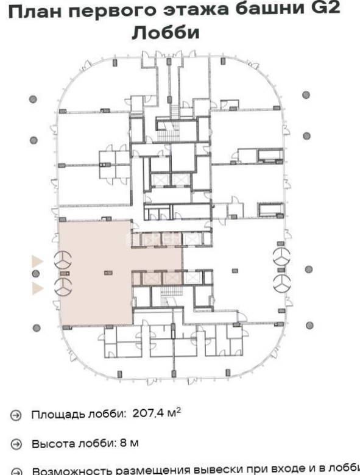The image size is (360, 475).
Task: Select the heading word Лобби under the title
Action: pos(166,32)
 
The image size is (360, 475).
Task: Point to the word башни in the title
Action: pos(270,9)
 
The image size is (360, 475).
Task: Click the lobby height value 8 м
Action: pos(129,443)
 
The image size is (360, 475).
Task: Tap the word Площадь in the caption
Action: pos(58,415)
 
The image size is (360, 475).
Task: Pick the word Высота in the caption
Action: pos(54,444)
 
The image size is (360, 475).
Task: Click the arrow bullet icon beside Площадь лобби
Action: pos(16,415)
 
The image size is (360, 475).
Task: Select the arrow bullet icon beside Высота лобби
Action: pos(16,444)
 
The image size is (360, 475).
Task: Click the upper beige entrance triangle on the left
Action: pos(38,261)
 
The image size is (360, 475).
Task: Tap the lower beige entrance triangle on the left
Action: pos(38,288)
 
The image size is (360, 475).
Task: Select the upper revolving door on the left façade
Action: pos(63,260)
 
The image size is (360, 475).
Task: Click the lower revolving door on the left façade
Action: pos(63,287)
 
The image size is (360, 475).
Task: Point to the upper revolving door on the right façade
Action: pos(281,257)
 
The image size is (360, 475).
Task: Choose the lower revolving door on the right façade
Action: pos(282,284)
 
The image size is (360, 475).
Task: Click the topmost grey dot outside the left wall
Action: pos(33,99)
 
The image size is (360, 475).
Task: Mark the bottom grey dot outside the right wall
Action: pos(309,326)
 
